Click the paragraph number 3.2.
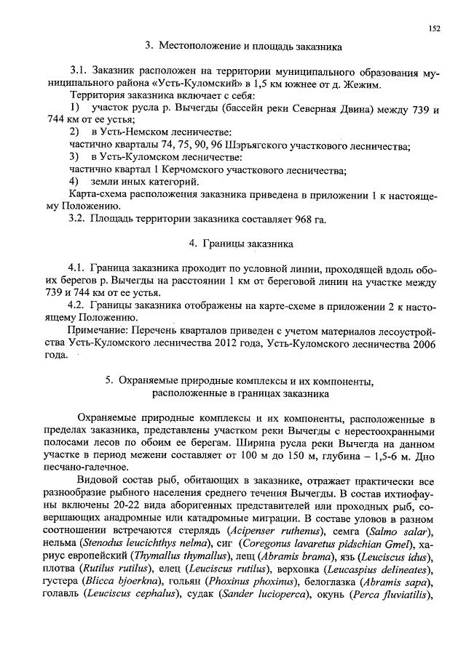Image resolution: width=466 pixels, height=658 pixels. coord(78,219)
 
